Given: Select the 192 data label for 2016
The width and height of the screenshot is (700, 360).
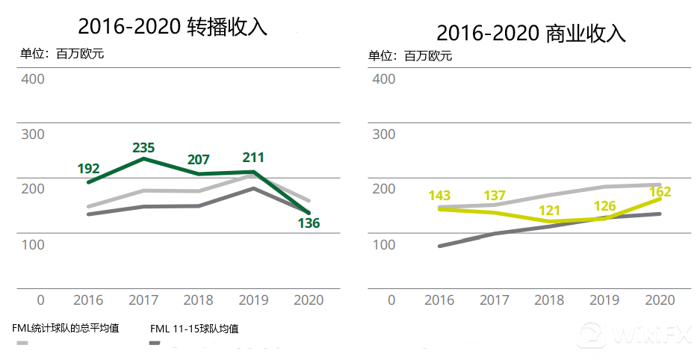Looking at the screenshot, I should click(88, 169).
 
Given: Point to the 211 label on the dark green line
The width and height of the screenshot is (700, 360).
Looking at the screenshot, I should click(253, 158).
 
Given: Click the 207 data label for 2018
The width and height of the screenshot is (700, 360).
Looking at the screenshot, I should click(198, 160).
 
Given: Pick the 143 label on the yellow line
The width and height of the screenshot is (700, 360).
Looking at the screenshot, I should click(439, 196).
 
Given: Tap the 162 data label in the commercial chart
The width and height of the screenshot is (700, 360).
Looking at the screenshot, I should click(660, 192).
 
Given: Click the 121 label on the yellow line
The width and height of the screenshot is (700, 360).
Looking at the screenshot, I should click(550, 209).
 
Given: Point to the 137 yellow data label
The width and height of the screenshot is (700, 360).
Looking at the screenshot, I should click(494, 196).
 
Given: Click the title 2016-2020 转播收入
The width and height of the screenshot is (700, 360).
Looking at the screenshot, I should click(173, 27).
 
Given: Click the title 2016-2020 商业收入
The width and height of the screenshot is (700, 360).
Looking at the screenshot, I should click(530, 33).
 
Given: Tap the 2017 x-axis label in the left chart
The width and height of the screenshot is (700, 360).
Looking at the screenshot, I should click(143, 300).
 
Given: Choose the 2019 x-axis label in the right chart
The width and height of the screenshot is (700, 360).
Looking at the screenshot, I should click(604, 300).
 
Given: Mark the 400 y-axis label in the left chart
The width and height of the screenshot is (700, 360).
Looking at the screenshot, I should click(33, 78).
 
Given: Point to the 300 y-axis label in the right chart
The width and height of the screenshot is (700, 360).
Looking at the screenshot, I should click(383, 134).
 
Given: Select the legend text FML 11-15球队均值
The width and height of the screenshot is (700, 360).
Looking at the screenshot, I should click(194, 329).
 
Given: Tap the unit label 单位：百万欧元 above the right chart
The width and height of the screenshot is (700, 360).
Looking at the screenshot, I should click(410, 56).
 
